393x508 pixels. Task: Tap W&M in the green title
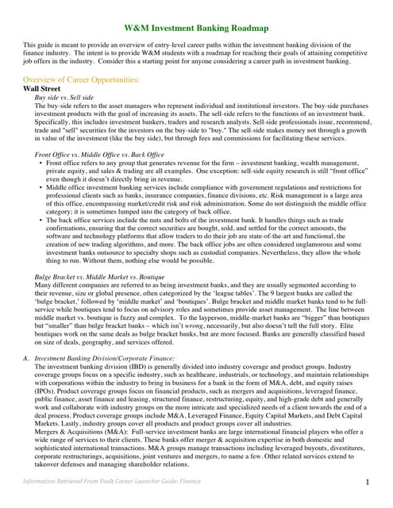pos(140,28)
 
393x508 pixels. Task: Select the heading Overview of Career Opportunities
pos(87,80)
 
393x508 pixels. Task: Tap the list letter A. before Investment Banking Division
pos(26,360)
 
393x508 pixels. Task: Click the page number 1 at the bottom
pos(368,481)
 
